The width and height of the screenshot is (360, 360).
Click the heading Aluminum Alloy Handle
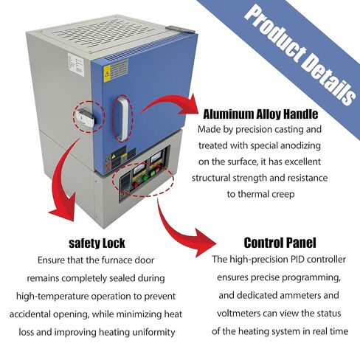pos(260,114)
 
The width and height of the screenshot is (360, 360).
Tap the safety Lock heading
pos(97,243)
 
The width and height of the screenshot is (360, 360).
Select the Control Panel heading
pos(280,243)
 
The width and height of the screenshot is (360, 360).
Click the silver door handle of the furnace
pos(123,118)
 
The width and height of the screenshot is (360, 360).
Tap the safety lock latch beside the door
pos(85,117)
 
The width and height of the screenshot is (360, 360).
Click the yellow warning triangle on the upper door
pos(107,73)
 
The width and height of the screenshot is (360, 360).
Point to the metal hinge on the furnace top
pos(180,30)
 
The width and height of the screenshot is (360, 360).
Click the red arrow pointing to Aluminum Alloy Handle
pos(172,105)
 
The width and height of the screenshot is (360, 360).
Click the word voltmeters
pos(238,314)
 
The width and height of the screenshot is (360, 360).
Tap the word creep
pos(283,195)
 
